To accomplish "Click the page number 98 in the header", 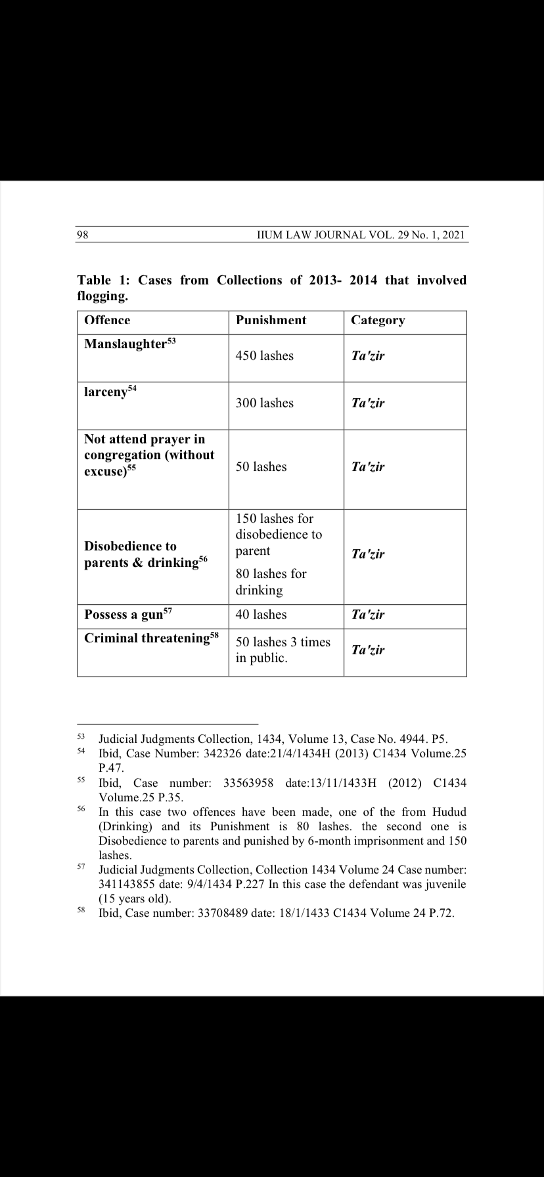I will pyautogui.click(x=83, y=235).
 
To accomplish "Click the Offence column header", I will pyautogui.click(x=107, y=321).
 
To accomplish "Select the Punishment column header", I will pyautogui.click(x=271, y=321).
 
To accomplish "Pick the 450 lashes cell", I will pyautogui.click(x=264, y=356).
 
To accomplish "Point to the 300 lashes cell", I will pyautogui.click(x=264, y=403).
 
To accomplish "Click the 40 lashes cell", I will pyautogui.click(x=261, y=615).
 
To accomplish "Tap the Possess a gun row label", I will pyautogui.click(x=124, y=615).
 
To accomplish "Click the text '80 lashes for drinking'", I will pyautogui.click(x=271, y=582).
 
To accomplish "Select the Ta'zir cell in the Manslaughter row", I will pyautogui.click(x=368, y=356).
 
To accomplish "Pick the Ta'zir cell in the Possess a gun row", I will pyautogui.click(x=368, y=615).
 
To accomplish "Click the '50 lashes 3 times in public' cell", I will pyautogui.click(x=283, y=650).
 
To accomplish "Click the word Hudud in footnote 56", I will pyautogui.click(x=449, y=812).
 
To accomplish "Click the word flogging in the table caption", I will pyautogui.click(x=101, y=296).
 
